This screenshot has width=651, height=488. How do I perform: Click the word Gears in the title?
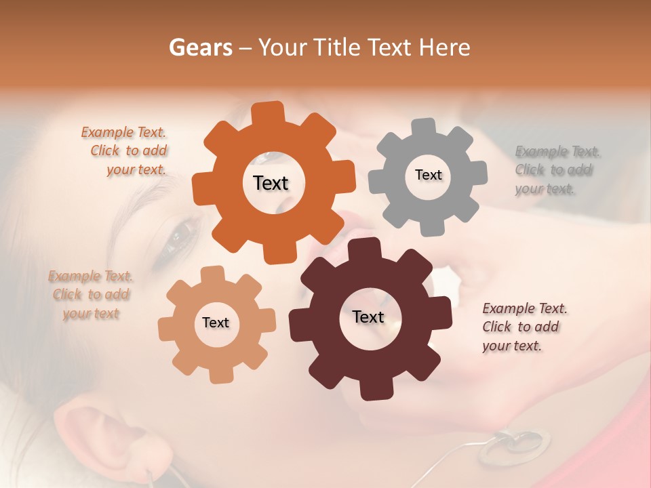pyautogui.click(x=200, y=47)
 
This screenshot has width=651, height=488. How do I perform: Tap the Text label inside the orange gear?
pyautogui.click(x=271, y=183)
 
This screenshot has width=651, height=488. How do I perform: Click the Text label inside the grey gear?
pyautogui.click(x=428, y=175)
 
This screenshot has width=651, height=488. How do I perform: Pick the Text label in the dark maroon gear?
pyautogui.click(x=368, y=317)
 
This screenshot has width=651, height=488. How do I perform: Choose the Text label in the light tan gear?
pyautogui.click(x=216, y=323)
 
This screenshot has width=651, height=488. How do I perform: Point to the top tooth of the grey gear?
pyautogui.click(x=425, y=127)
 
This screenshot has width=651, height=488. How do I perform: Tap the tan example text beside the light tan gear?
pyautogui.click(x=90, y=295)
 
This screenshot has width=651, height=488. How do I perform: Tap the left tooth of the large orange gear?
pyautogui.click(x=201, y=186)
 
